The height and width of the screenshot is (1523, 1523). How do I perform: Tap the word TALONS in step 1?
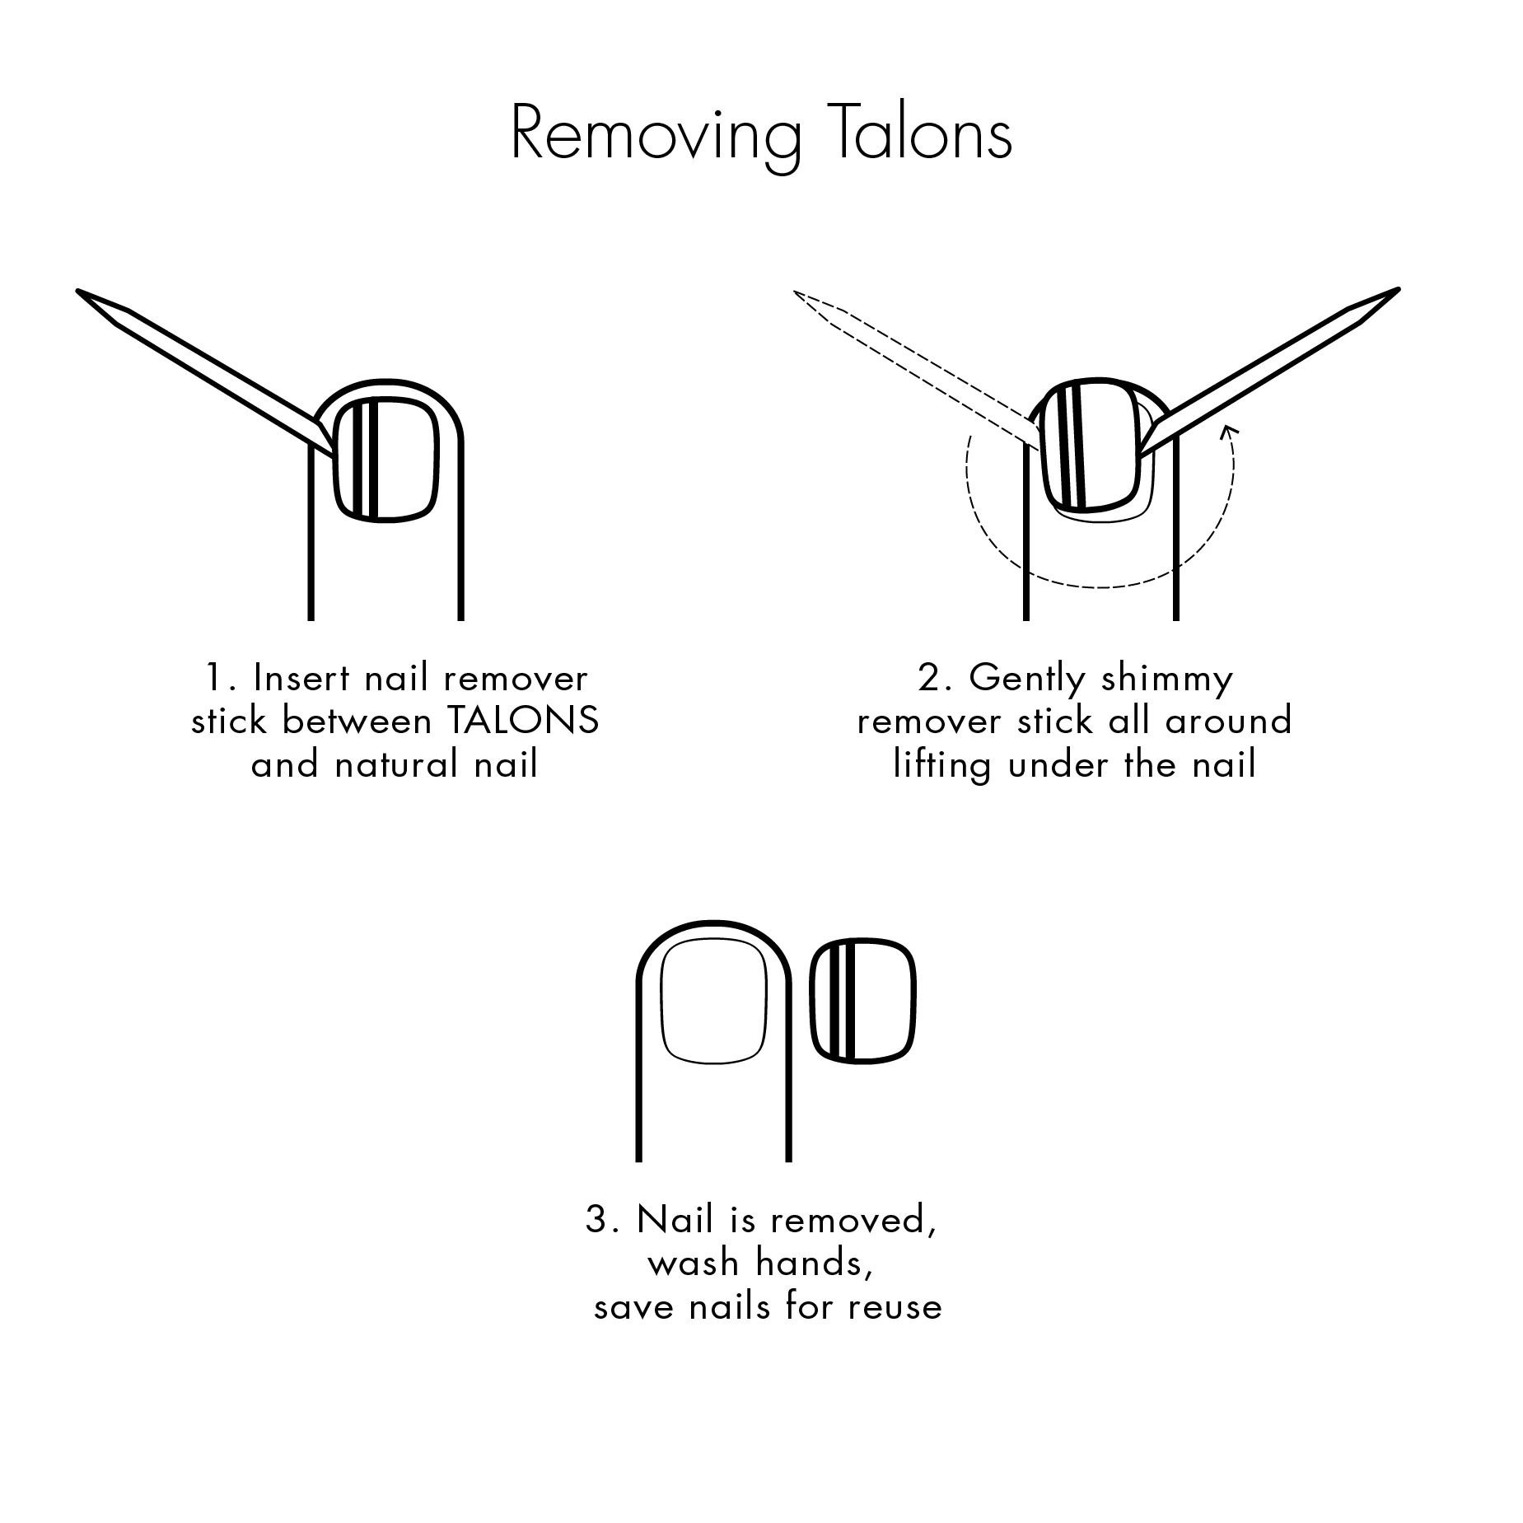click(522, 722)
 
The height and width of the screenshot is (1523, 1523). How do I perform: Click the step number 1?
click(216, 679)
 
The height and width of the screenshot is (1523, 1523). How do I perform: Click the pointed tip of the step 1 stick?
click(77, 290)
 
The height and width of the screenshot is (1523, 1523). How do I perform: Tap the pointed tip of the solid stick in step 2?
click(1399, 289)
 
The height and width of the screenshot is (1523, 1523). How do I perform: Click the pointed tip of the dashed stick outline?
click(795, 292)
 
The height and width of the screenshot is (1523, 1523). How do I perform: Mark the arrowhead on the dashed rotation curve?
click(1229, 428)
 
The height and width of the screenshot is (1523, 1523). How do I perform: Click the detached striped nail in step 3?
click(863, 999)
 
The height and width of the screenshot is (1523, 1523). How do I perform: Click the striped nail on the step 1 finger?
click(385, 459)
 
